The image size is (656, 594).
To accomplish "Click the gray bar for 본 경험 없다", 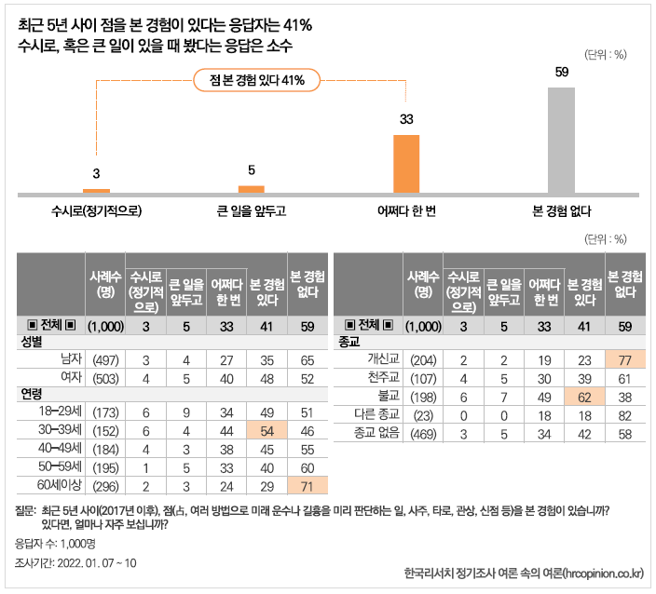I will pyautogui.click(x=561, y=141).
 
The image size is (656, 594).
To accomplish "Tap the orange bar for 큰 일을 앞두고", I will pyautogui.click(x=251, y=190).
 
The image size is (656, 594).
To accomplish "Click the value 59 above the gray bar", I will pyautogui.click(x=561, y=73).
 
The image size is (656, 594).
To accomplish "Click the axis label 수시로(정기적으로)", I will pyautogui.click(x=97, y=211).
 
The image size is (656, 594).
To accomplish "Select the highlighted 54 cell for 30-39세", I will pyautogui.click(x=267, y=430).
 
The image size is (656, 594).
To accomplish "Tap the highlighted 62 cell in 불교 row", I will pyautogui.click(x=584, y=395).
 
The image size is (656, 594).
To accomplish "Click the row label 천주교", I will pyautogui.click(x=383, y=377).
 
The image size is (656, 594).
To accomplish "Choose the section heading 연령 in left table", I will pyautogui.click(x=33, y=395).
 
